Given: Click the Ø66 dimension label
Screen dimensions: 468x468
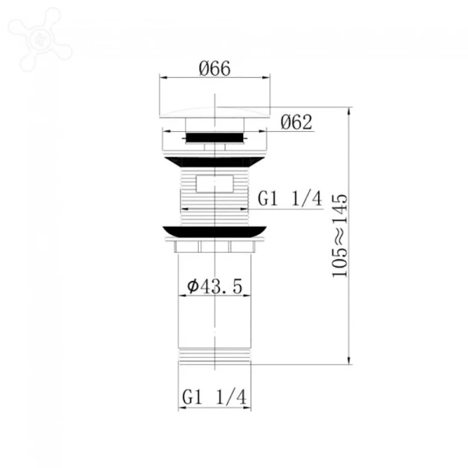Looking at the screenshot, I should pyautogui.click(x=214, y=69).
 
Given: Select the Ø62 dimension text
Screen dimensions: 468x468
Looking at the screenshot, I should pyautogui.click(x=296, y=122).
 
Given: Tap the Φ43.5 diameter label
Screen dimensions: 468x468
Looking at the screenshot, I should pyautogui.click(x=215, y=286).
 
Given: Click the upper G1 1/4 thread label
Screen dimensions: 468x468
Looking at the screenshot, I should pyautogui.click(x=289, y=198).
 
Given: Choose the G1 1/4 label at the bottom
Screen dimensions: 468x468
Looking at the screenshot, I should pyautogui.click(x=214, y=397).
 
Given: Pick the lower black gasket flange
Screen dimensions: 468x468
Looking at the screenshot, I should pyautogui.click(x=214, y=232).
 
